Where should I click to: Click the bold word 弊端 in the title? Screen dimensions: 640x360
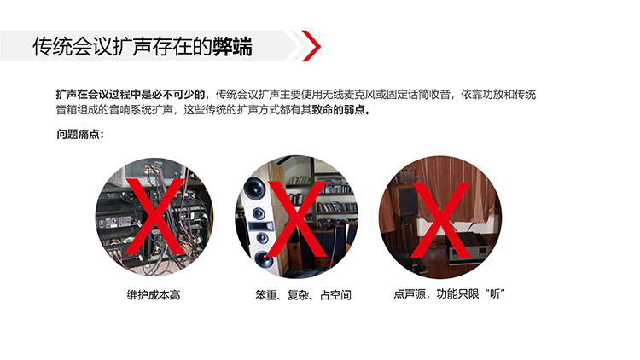click(232, 46)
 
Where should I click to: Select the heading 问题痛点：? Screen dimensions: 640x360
click(80, 134)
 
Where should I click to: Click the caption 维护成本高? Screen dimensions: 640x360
click(154, 294)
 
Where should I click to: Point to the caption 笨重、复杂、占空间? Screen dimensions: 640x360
click(303, 294)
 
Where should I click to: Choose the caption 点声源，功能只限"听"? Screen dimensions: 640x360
click(449, 293)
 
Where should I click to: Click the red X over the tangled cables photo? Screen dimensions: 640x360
click(154, 217)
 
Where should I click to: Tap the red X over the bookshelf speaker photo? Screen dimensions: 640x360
click(296, 218)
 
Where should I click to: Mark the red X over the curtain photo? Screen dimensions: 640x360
click(440, 220)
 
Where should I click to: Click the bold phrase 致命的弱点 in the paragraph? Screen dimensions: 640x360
click(339, 110)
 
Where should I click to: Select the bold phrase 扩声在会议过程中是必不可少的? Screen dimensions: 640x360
click(131, 95)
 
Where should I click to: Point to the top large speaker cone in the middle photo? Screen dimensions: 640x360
click(254, 189)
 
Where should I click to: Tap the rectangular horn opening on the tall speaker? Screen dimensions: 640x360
click(260, 225)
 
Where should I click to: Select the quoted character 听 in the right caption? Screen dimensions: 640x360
click(495, 293)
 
